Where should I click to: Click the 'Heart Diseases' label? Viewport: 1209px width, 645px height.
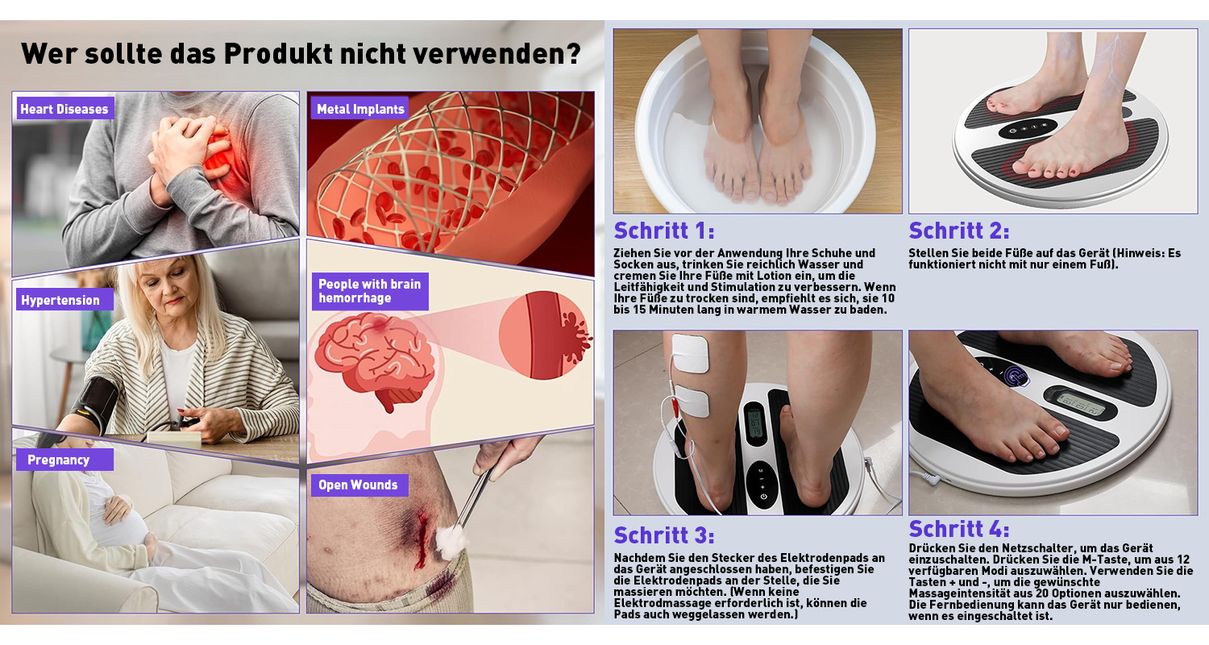(64, 109)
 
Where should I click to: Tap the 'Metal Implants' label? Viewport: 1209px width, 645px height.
(360, 109)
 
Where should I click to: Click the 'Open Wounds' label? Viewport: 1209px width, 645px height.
(359, 485)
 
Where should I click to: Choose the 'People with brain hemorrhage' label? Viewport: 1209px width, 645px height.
(370, 292)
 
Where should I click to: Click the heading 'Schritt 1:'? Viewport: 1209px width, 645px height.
(664, 231)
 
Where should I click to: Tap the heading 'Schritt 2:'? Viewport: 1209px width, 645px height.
(959, 231)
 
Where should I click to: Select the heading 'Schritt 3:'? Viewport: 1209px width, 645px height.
(664, 535)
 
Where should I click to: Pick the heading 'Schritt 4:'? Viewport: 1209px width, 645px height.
(959, 529)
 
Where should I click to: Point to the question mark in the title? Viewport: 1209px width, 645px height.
(574, 53)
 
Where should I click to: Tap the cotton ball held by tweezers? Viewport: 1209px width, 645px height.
(450, 541)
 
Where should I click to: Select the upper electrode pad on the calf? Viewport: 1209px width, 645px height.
(689, 353)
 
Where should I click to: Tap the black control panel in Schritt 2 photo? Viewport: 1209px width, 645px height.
(1027, 128)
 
